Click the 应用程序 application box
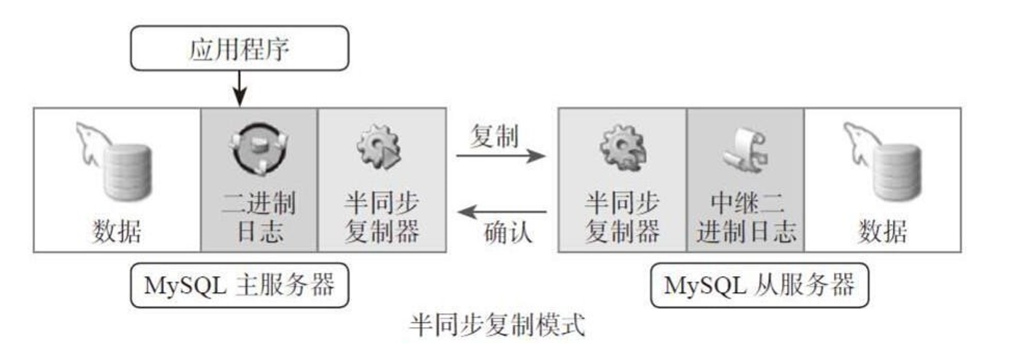(239, 48)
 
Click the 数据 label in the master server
(117, 231)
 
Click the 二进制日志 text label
(259, 216)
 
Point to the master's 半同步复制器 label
(381, 216)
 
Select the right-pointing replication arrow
(500, 156)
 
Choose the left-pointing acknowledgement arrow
(500, 213)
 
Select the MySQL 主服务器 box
(239, 286)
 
